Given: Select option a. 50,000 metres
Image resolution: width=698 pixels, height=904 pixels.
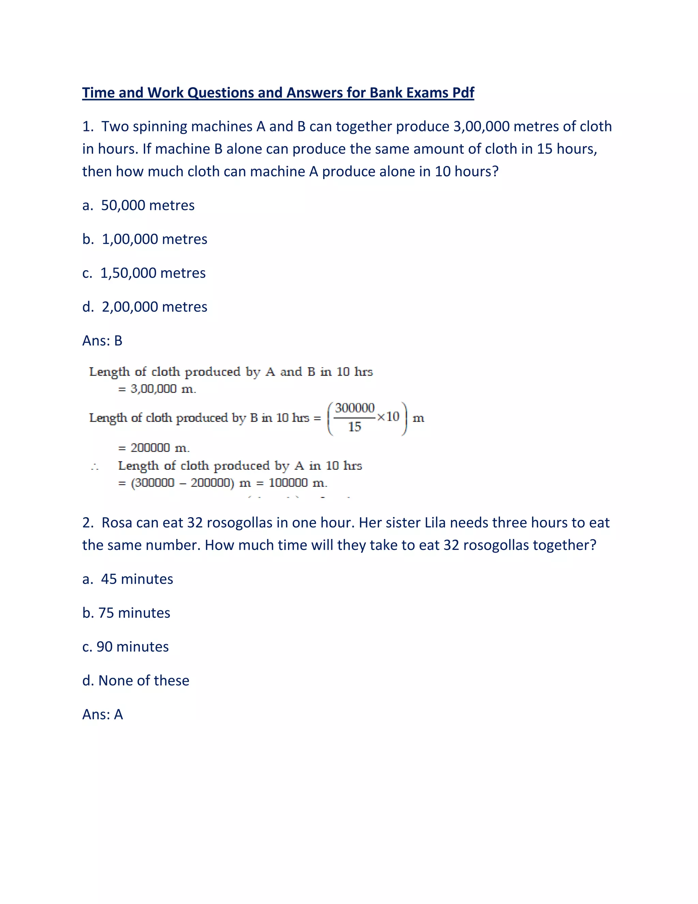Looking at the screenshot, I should pyautogui.click(x=138, y=205).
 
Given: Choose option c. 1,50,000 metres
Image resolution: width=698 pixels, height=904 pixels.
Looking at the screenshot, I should pyautogui.click(x=143, y=273).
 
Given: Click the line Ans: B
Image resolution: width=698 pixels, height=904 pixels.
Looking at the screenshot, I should pyautogui.click(x=102, y=341).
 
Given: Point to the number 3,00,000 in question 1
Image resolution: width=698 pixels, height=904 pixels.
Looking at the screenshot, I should pyautogui.click(x=481, y=126).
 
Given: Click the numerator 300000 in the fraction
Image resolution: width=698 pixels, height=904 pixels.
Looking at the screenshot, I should pyautogui.click(x=354, y=408).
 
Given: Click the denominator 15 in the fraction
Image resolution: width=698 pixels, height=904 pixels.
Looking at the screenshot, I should pyautogui.click(x=354, y=427).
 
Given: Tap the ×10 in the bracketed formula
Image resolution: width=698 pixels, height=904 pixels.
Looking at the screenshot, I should pyautogui.click(x=388, y=417).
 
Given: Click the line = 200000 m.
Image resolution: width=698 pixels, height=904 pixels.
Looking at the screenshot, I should pyautogui.click(x=154, y=448).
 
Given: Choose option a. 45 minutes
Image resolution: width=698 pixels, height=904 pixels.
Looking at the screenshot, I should pyautogui.click(x=127, y=579).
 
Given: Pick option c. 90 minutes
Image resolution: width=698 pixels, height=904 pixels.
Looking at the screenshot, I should pyautogui.click(x=125, y=647).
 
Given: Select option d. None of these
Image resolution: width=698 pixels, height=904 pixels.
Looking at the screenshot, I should pyautogui.click(x=136, y=681).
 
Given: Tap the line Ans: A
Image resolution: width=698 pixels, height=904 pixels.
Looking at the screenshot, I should pyautogui.click(x=103, y=715).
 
